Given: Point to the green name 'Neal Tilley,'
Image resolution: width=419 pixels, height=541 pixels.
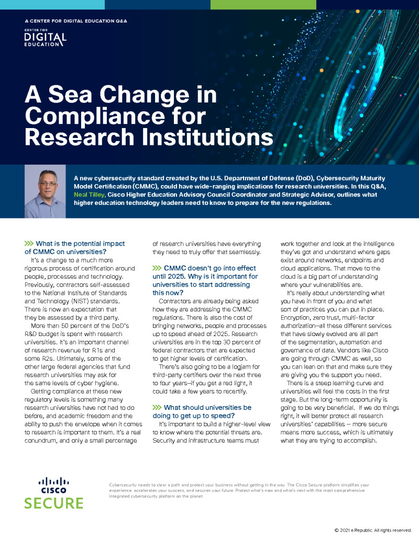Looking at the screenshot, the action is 90,194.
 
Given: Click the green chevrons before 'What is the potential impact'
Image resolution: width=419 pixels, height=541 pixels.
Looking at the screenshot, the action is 29,244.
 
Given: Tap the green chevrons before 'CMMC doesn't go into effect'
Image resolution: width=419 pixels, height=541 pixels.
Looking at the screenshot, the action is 157,268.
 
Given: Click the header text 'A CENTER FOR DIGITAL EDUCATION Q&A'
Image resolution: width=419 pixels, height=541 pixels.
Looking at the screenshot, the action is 76,21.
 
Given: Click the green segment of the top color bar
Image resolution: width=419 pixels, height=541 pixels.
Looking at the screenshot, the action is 263,4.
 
